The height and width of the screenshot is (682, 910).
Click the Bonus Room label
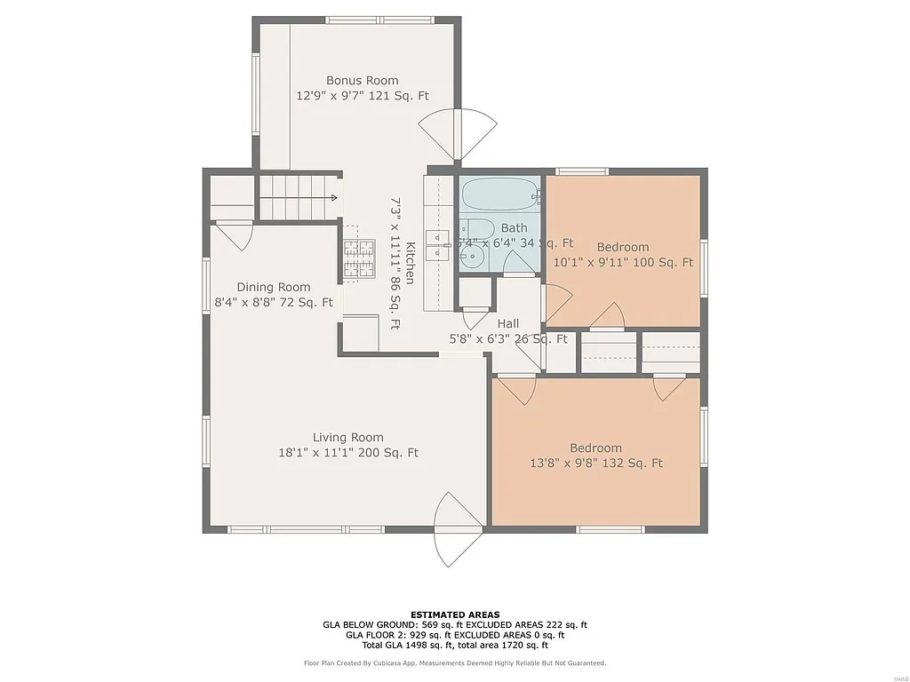pyautogui.click(x=362, y=80)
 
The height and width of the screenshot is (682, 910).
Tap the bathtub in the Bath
pyautogui.click(x=499, y=192)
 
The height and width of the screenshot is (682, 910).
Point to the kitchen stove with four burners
pyautogui.click(x=359, y=258)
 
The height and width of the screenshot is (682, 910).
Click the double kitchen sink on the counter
pyautogui.click(x=438, y=244)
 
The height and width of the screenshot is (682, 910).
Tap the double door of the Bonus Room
pyautogui.click(x=457, y=134)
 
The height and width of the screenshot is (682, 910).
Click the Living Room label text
pyautogui.click(x=347, y=437)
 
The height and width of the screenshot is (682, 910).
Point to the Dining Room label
pyautogui.click(x=274, y=287)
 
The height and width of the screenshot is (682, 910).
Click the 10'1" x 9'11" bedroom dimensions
pyautogui.click(x=622, y=262)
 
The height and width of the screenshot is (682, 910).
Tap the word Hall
pyautogui.click(x=507, y=323)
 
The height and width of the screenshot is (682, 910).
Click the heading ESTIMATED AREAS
pyautogui.click(x=454, y=615)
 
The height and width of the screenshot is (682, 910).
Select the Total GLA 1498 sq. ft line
pyautogui.click(x=454, y=646)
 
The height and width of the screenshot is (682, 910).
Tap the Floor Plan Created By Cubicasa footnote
pyautogui.click(x=454, y=663)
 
